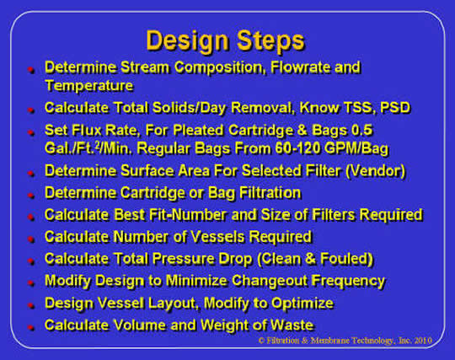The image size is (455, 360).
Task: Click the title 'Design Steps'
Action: coord(225,40)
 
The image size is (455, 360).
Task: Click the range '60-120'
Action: coord(294,149)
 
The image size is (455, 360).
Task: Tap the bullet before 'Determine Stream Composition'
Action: coord(29,68)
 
